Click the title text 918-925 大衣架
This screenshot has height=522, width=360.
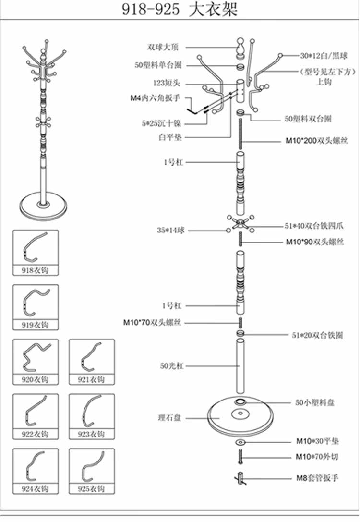coord(180,10)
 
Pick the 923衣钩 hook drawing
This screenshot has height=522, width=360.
coord(92,412)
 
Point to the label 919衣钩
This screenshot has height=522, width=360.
coord(35,325)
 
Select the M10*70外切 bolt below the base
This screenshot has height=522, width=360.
coord(240,456)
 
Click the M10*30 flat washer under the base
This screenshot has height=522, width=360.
coord(240,441)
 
